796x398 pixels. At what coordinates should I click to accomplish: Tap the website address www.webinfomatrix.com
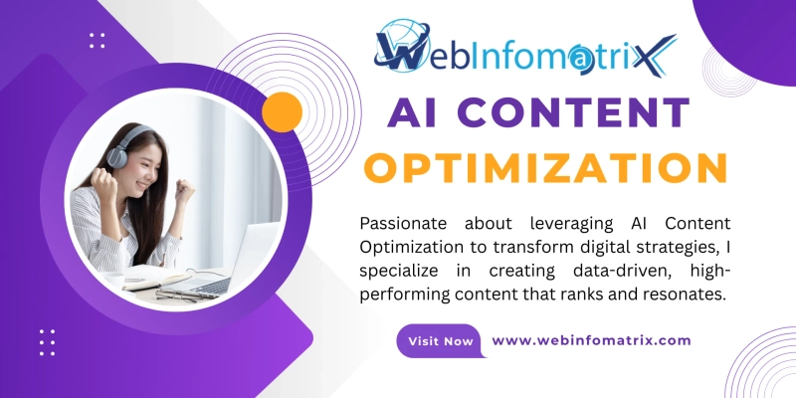591,340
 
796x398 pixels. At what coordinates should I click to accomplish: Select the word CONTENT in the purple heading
574,113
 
